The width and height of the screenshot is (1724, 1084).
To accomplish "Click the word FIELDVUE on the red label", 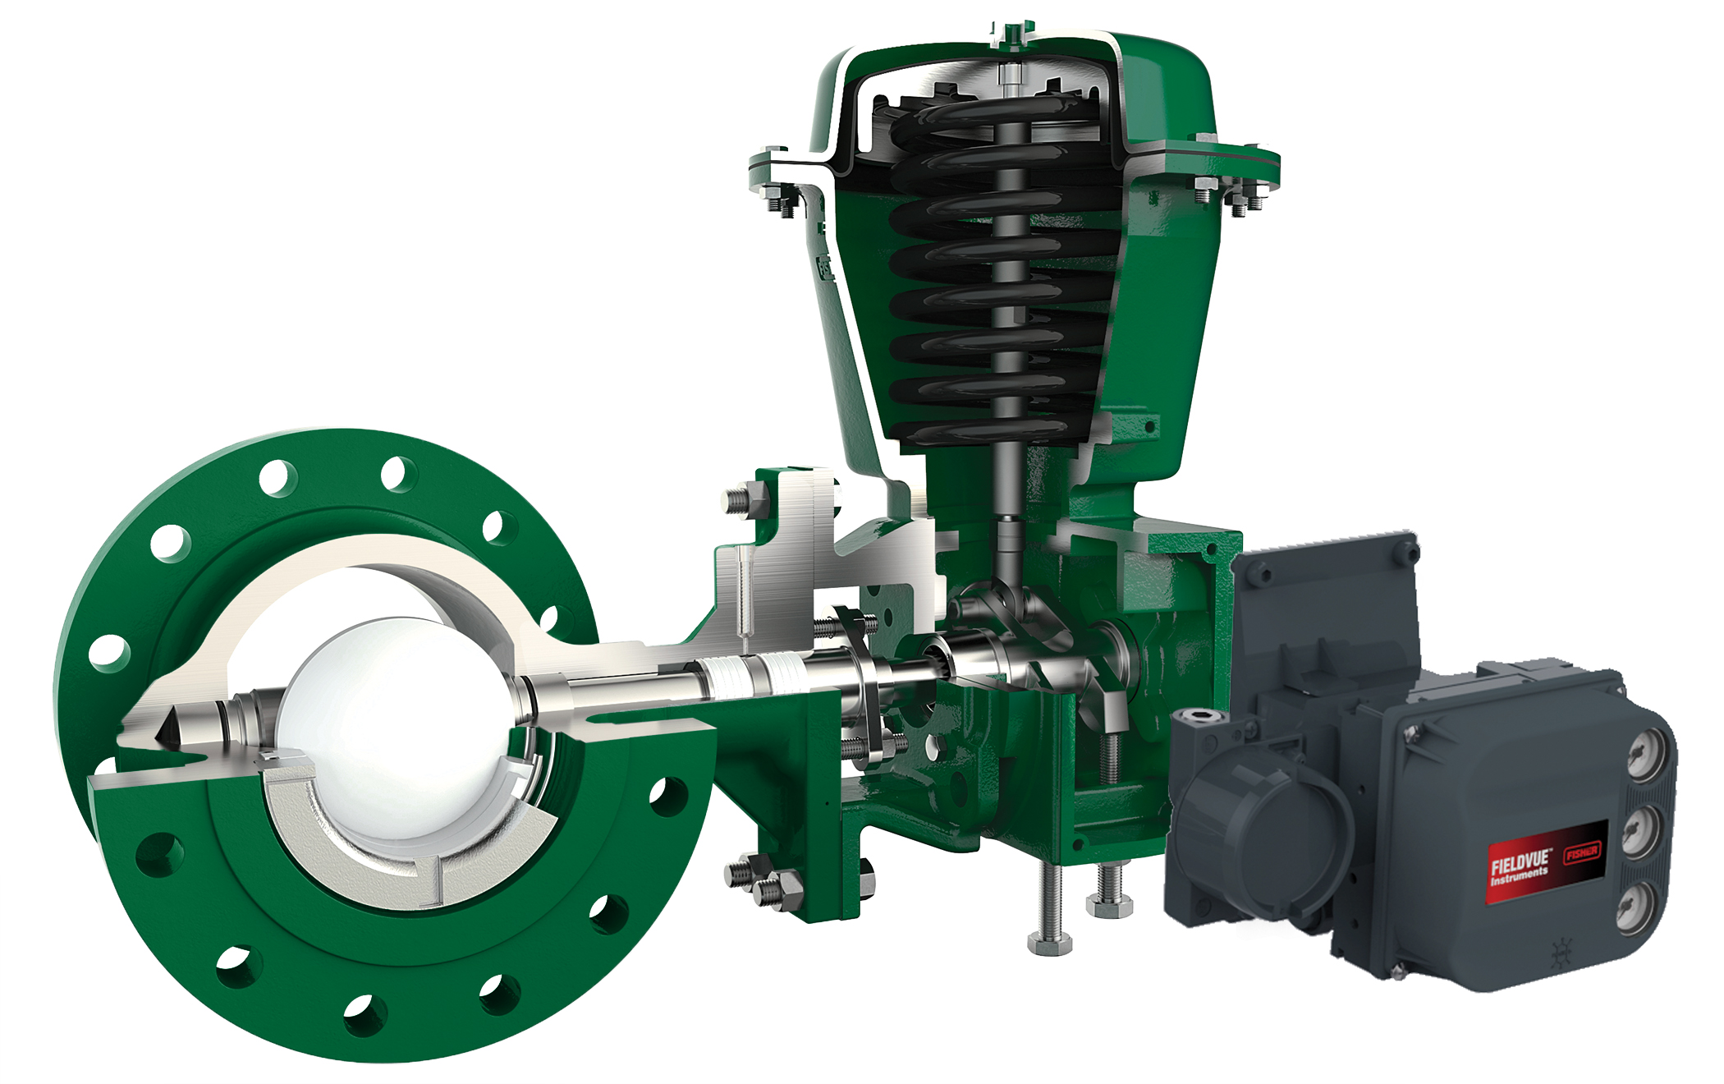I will coord(1520,862).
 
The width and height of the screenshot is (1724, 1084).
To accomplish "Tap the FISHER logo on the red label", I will coord(1581,852).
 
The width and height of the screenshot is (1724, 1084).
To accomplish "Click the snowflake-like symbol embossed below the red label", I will coord(1561,953).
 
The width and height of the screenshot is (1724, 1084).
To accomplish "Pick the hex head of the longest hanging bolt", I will coord(1049,944).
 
